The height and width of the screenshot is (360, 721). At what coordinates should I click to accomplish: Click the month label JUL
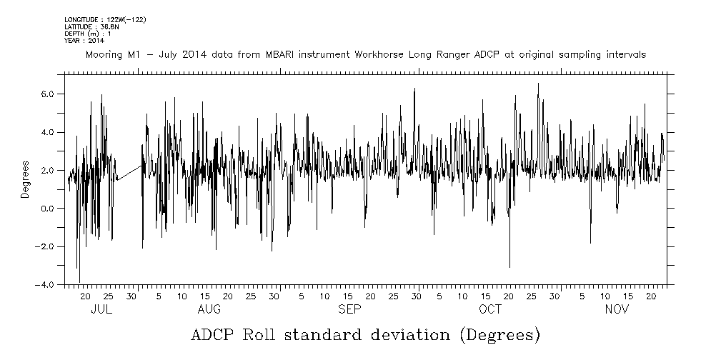pos(102,310)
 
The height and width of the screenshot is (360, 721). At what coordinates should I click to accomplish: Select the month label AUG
pos(209,310)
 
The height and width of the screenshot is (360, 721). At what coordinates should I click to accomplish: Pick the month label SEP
pos(349,310)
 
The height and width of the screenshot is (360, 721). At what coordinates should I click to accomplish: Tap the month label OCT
pos(490,310)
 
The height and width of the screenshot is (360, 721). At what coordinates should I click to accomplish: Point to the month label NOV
pos(617,310)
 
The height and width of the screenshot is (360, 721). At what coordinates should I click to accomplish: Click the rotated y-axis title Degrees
pos(25,179)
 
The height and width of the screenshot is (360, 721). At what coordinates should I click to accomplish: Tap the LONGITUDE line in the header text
pos(105,20)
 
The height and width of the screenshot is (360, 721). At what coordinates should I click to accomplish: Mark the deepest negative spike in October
pos(509,266)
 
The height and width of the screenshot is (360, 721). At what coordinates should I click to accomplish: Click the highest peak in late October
pos(538,84)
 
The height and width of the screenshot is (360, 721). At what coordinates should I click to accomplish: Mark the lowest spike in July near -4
pos(79,281)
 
